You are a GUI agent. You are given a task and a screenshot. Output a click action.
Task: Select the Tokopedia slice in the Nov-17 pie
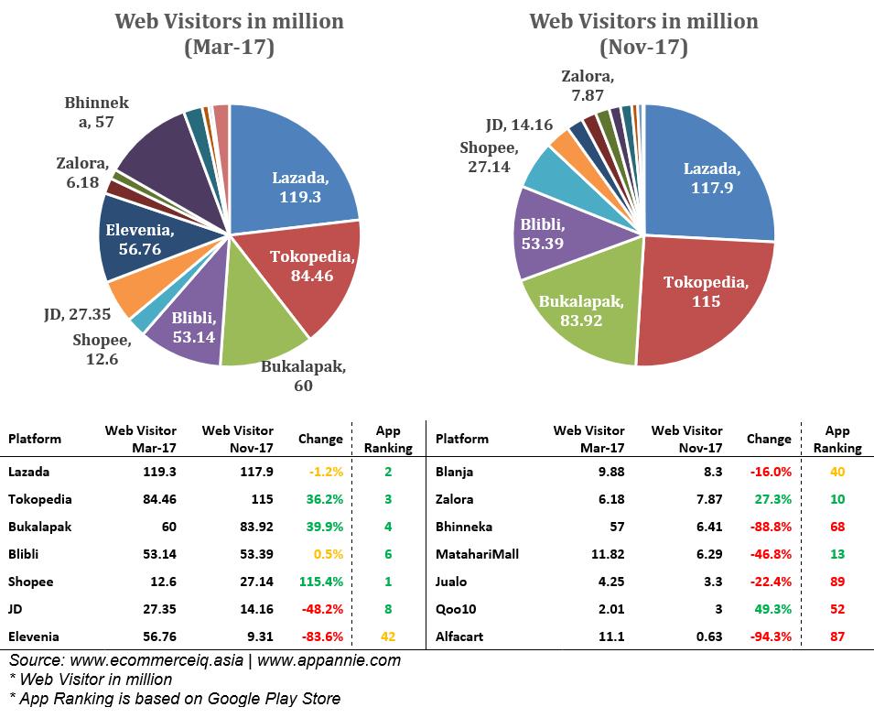pos(705,293)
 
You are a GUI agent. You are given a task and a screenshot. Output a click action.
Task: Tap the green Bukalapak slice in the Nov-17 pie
pos(581,311)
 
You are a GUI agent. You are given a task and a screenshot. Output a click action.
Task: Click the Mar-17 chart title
pos(229,33)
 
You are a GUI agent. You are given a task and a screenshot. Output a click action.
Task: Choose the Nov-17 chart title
pos(643,33)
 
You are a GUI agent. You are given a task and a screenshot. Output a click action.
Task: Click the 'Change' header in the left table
pos(320,439)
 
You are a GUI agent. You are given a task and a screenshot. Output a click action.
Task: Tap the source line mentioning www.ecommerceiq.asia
pos(205,659)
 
